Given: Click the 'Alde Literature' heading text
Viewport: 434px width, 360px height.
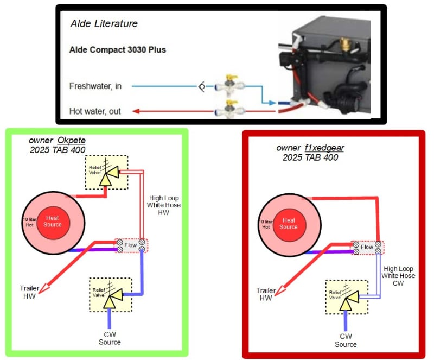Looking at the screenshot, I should point(104,23).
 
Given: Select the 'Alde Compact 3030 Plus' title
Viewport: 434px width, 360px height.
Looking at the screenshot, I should point(118,49).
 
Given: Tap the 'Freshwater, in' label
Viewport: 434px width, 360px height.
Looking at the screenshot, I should point(95,86).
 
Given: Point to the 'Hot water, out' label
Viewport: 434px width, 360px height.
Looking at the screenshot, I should point(95,111).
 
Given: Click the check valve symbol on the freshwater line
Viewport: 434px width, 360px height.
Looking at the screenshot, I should point(201,86).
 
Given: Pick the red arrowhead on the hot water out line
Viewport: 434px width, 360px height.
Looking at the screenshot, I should point(136,111).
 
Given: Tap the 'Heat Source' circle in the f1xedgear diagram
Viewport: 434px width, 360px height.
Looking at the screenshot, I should point(289,224).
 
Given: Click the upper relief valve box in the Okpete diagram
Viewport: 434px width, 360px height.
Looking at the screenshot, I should point(106,173).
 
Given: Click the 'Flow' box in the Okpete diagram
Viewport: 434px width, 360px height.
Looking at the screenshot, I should point(130,245).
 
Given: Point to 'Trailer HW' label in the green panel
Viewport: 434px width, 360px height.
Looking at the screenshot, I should point(30,292).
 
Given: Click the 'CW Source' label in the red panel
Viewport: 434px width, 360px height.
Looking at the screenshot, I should point(346,340).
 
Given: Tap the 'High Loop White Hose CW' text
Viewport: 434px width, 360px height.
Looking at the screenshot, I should point(399,276).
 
